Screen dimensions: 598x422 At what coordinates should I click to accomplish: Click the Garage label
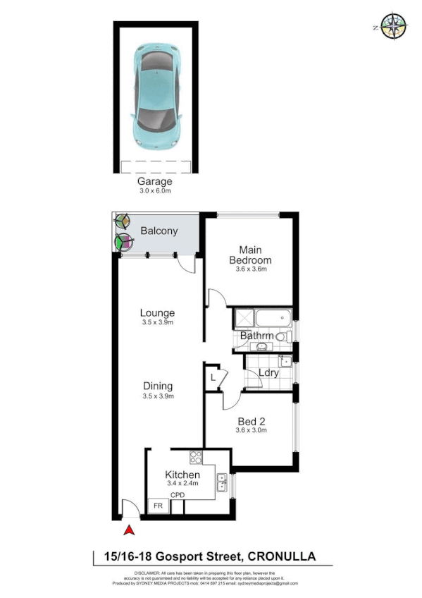pyautogui.click(x=155, y=181)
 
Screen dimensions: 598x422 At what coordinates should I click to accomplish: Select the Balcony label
pyautogui.click(x=159, y=231)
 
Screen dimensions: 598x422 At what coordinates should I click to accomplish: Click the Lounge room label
pyautogui.click(x=156, y=312)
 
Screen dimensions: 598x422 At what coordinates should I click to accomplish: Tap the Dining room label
pyautogui.click(x=158, y=386)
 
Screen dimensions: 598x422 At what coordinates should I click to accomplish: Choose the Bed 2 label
pyautogui.click(x=252, y=421)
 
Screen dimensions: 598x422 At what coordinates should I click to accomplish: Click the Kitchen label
pyautogui.click(x=182, y=475)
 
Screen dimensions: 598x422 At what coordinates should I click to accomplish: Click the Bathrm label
pyautogui.click(x=256, y=336)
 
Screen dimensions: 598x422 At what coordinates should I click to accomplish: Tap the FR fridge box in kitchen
pyautogui.click(x=157, y=506)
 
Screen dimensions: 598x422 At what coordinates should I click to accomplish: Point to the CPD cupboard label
pyautogui.click(x=178, y=495)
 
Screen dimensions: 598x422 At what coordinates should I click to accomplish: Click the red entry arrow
pyautogui.click(x=129, y=531)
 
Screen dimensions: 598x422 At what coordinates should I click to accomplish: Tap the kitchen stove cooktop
pyautogui.click(x=195, y=456)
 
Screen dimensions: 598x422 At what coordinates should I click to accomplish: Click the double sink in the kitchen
pyautogui.click(x=222, y=482)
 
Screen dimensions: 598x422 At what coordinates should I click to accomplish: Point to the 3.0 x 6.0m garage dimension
pyautogui.click(x=155, y=190)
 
